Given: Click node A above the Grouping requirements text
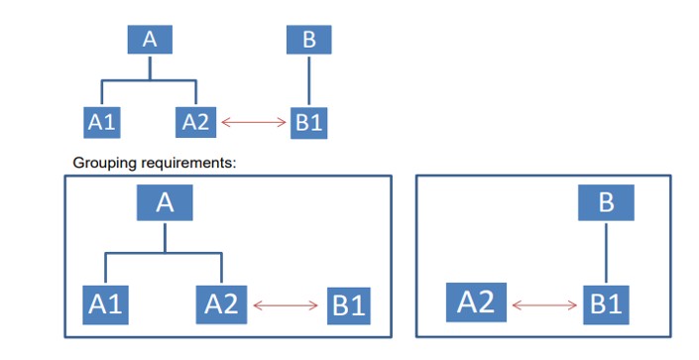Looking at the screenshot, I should pyautogui.click(x=150, y=39).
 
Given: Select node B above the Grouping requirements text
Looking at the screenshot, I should pyautogui.click(x=308, y=40).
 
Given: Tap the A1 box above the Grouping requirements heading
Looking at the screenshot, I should pyautogui.click(x=100, y=122).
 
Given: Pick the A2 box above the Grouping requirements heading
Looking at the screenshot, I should pyautogui.click(x=196, y=122).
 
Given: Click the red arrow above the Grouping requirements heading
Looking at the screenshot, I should pyautogui.click(x=253, y=123).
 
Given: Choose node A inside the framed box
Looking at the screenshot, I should pyautogui.click(x=165, y=203).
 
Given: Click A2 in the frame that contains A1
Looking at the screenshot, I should pyautogui.click(x=222, y=303).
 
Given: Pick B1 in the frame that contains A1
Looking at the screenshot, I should pyautogui.click(x=348, y=305).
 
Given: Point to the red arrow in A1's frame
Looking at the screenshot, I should pyautogui.click(x=286, y=304).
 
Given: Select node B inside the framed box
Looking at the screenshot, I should pyautogui.click(x=606, y=203).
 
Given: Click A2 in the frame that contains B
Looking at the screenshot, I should pyautogui.click(x=477, y=302).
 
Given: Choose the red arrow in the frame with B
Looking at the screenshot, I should pyautogui.click(x=542, y=303).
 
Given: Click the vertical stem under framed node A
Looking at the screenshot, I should pyautogui.click(x=165, y=237).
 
